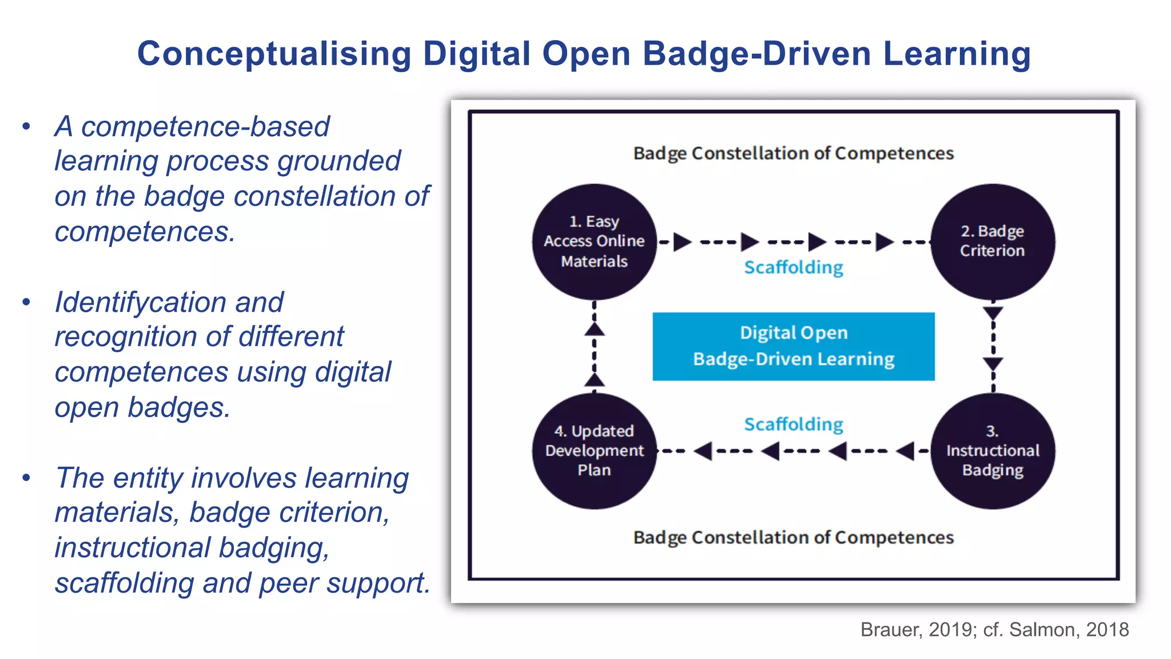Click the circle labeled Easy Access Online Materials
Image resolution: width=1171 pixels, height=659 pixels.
click(594, 241)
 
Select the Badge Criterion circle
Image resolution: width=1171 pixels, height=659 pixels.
click(993, 241)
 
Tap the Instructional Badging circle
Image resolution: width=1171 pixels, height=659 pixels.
click(993, 451)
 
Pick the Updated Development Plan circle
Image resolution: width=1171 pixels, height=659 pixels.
click(594, 451)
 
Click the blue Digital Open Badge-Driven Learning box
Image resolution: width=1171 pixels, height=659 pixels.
click(794, 346)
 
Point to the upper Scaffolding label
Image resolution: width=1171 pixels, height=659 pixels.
click(794, 267)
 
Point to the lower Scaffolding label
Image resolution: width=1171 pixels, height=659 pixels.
click(794, 424)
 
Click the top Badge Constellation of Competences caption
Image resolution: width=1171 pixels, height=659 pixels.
click(794, 153)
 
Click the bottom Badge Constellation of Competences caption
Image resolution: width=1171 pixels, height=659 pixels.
click(794, 538)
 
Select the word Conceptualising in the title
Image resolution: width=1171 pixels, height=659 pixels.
click(274, 54)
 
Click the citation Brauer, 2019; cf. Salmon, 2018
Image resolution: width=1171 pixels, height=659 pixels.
click(994, 629)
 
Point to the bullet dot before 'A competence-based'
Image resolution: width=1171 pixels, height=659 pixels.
click(26, 126)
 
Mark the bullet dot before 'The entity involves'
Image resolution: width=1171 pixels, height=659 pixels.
click(26, 478)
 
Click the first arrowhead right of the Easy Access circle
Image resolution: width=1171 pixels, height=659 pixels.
click(682, 242)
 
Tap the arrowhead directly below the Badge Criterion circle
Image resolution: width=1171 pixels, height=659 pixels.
click(993, 313)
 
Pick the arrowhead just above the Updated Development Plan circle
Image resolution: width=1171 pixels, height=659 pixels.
click(595, 379)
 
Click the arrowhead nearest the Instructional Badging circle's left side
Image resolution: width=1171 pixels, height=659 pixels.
click(906, 451)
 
